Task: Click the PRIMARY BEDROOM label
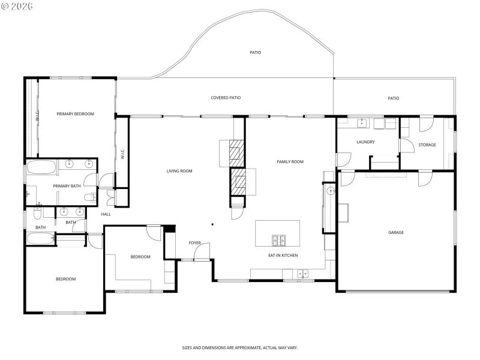coord(75,114)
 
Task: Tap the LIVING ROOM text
coord(179,171)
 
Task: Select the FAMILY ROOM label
coord(290,161)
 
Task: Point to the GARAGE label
coord(395,232)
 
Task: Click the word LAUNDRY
coord(365,142)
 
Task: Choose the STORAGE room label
coord(427,145)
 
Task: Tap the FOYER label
coord(195,243)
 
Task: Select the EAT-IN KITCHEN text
coord(283,256)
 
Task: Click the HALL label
coord(106,214)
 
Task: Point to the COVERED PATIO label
coord(226,97)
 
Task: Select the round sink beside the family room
coord(330,191)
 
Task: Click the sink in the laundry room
coord(362,124)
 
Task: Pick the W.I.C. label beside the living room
coord(122,154)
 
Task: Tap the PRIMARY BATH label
coord(67,186)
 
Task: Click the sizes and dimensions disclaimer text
coord(240,347)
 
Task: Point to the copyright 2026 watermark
coord(17,6)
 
